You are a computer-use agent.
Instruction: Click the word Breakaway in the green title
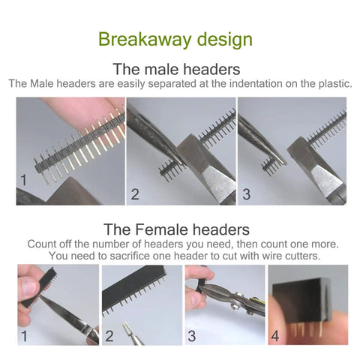145,40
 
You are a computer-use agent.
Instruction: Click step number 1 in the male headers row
23,180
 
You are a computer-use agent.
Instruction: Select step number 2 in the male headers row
135,194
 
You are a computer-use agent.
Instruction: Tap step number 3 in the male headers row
246,194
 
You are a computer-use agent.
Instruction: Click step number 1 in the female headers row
24,336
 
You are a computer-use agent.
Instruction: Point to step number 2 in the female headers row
109,336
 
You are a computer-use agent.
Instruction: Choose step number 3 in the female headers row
192,336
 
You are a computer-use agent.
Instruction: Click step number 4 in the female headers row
275,336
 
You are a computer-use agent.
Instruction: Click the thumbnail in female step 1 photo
28,286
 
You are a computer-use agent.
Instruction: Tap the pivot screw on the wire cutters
235,305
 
